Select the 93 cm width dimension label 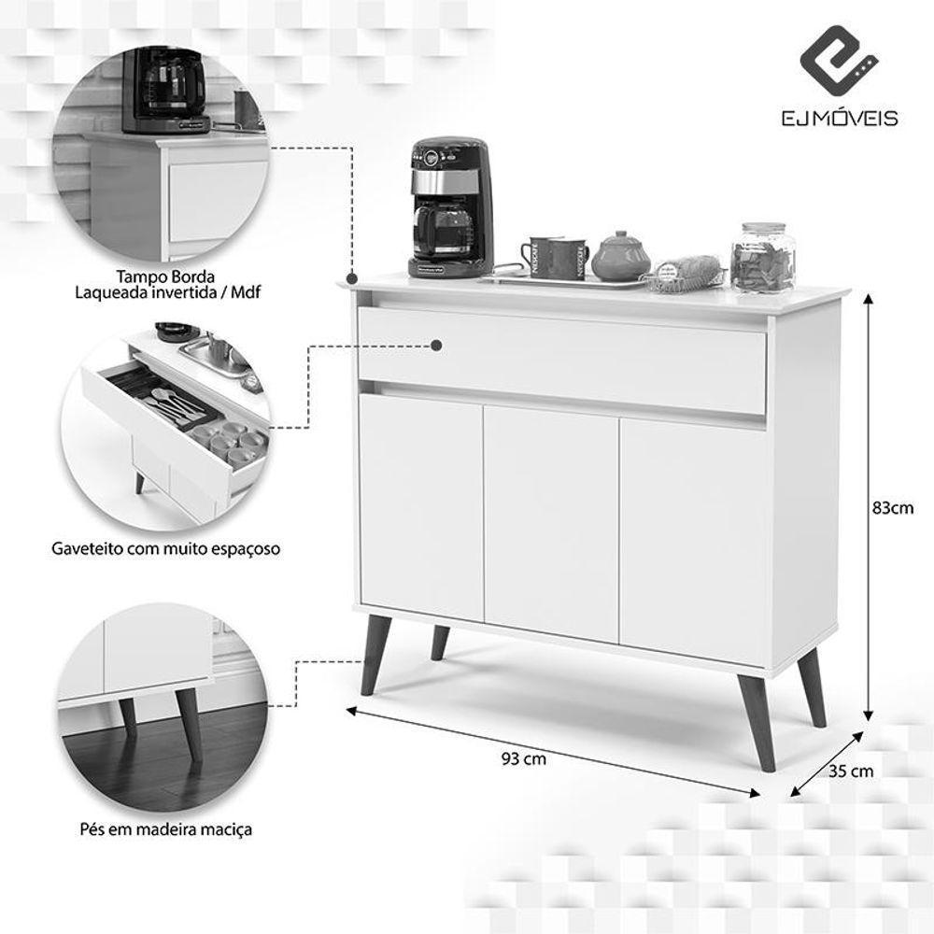[524, 758]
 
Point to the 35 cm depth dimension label [851, 771]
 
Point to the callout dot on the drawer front [436, 346]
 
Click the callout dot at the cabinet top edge [352, 278]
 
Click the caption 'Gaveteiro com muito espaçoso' [166, 548]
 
